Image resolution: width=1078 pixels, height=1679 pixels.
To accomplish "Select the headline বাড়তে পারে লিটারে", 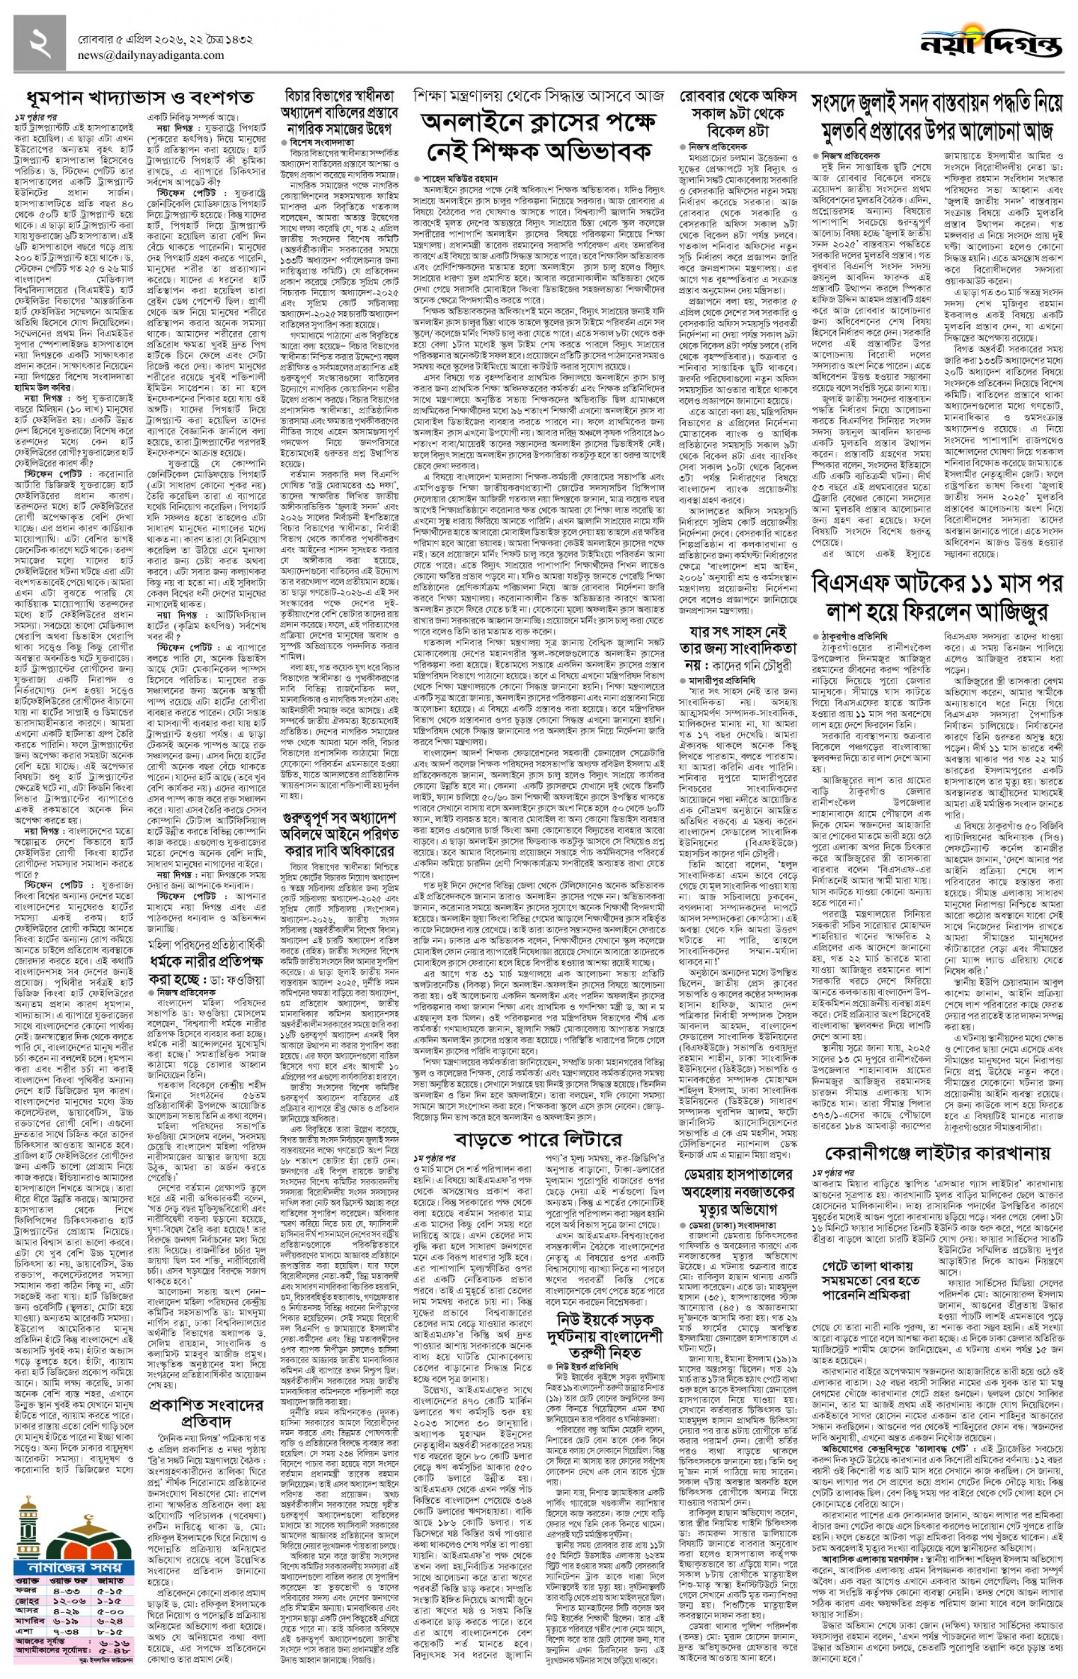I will point(538,1138).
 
